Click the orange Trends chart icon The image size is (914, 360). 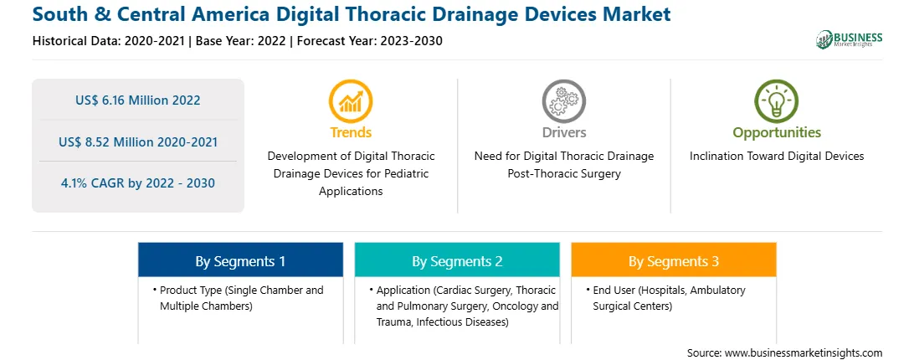[x=351, y=101]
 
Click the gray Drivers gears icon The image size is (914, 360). [x=563, y=101]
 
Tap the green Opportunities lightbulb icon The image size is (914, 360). [x=777, y=101]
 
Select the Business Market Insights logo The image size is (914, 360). [x=850, y=39]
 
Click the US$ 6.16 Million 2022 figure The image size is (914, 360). [x=137, y=100]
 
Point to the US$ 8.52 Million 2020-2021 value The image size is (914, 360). [x=137, y=141]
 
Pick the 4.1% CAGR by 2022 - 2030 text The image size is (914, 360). [x=137, y=183]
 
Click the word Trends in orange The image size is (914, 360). [x=351, y=132]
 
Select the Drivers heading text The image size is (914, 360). [x=563, y=132]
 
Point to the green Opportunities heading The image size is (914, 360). [x=777, y=133]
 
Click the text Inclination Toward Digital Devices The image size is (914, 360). [x=777, y=157]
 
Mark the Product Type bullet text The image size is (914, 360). [x=241, y=298]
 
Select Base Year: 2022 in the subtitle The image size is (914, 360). [x=241, y=41]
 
